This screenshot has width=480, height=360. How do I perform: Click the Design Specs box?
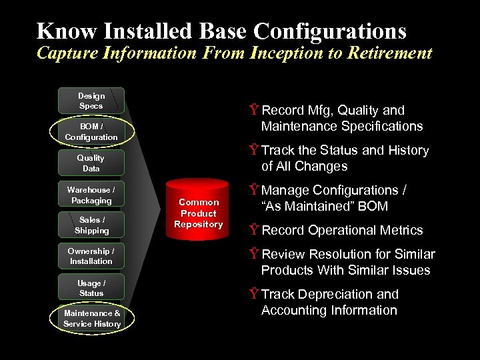[91, 101]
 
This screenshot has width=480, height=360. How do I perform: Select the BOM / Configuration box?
[91, 132]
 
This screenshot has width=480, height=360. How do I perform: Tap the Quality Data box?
[91, 163]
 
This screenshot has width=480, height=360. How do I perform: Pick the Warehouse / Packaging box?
[91, 195]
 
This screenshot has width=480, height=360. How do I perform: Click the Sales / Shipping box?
[91, 225]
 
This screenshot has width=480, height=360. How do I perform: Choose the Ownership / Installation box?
[91, 256]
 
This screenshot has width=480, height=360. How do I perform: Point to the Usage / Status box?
[91, 288]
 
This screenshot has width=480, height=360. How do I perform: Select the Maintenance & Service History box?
[92, 319]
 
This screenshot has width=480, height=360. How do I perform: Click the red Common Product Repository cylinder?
[198, 213]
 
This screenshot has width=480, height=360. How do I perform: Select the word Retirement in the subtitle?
[395, 53]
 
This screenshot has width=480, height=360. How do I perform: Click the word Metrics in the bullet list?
[398, 231]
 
